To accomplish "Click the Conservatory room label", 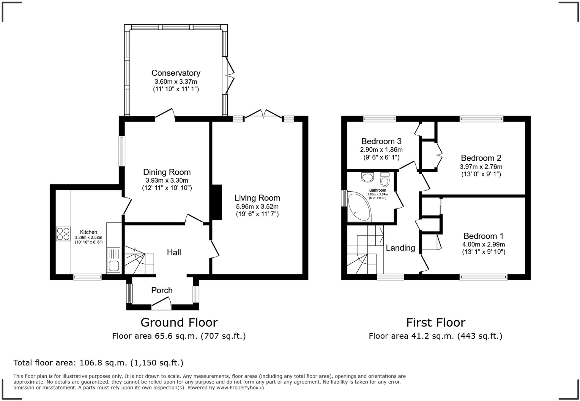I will click(x=176, y=73).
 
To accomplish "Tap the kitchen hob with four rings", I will click(x=63, y=234).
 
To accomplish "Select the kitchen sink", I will click(x=114, y=260).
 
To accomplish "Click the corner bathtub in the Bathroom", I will click(x=359, y=207).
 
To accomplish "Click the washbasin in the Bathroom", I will click(x=368, y=177).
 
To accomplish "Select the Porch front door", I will click(x=161, y=305).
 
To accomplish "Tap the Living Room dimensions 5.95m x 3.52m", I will click(x=257, y=206).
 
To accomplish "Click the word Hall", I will click(x=174, y=252).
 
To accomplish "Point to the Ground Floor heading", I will click(x=179, y=322).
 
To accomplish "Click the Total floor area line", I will click(x=98, y=363).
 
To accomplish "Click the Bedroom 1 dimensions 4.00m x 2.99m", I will click(x=483, y=244).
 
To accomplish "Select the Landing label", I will click(x=400, y=248).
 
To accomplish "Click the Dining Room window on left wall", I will click(x=122, y=151).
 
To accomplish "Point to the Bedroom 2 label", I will click(x=481, y=158).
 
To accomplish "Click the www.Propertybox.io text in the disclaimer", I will click(x=240, y=388).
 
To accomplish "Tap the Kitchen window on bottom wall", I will click(x=87, y=277).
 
